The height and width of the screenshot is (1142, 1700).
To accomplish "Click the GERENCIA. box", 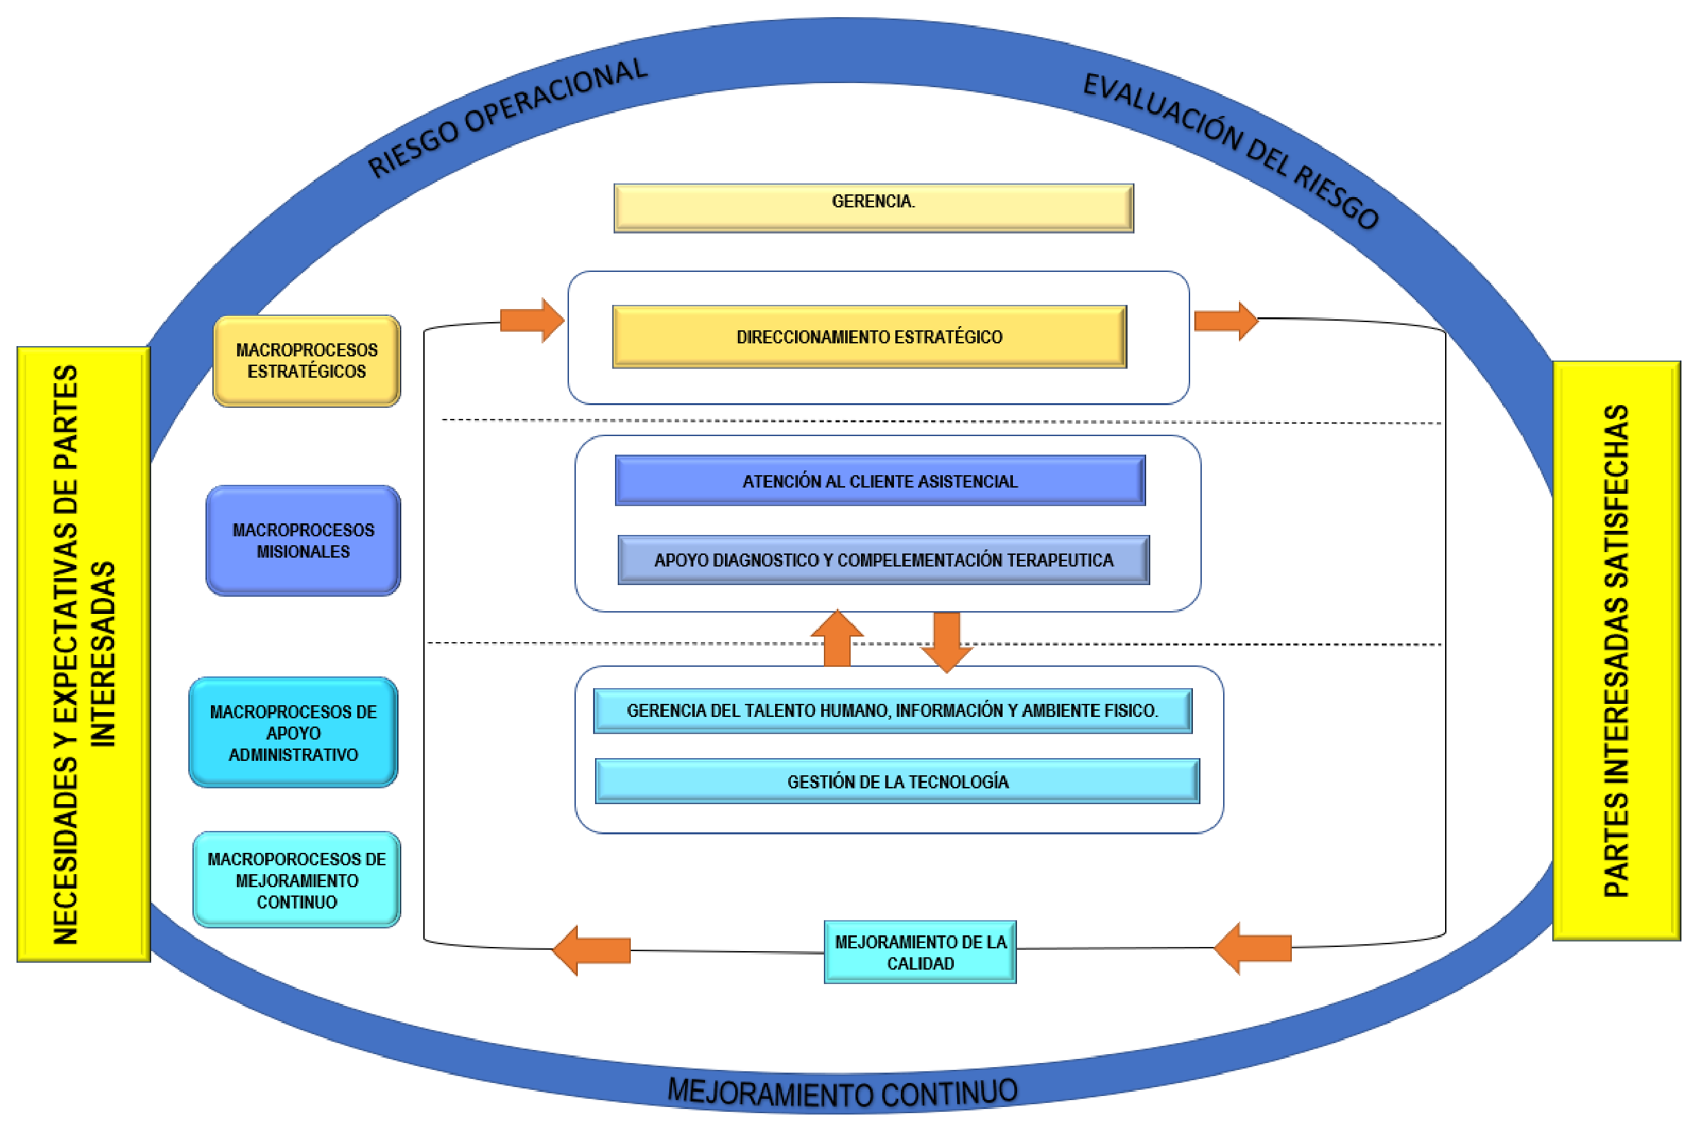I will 873,208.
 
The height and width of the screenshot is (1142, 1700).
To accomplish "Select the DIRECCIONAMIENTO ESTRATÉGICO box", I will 869,336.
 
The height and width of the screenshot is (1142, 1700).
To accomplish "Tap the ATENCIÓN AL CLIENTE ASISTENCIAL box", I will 880,481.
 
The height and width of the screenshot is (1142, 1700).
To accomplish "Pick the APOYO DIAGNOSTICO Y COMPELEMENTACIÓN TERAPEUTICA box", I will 883,560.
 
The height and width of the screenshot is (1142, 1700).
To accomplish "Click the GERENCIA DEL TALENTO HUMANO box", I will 892,710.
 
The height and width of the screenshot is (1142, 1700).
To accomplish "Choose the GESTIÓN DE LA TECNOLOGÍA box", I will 897,781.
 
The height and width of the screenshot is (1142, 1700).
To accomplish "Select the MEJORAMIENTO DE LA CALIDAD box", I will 919,952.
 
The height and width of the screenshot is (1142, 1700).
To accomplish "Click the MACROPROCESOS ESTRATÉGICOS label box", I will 306,361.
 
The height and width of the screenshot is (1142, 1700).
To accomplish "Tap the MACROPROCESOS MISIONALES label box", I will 303,540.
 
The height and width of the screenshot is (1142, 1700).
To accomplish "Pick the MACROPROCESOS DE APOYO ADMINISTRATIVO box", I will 293,733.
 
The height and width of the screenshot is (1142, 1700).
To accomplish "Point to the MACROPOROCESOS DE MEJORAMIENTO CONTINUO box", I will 296,880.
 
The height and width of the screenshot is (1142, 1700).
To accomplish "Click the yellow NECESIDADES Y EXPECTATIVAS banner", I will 84,654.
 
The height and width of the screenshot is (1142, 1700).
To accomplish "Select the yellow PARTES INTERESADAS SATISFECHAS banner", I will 1615,650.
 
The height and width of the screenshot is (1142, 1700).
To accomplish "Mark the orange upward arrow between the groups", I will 836,639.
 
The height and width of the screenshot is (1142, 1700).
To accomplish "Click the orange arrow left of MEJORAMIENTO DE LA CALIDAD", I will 592,950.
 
